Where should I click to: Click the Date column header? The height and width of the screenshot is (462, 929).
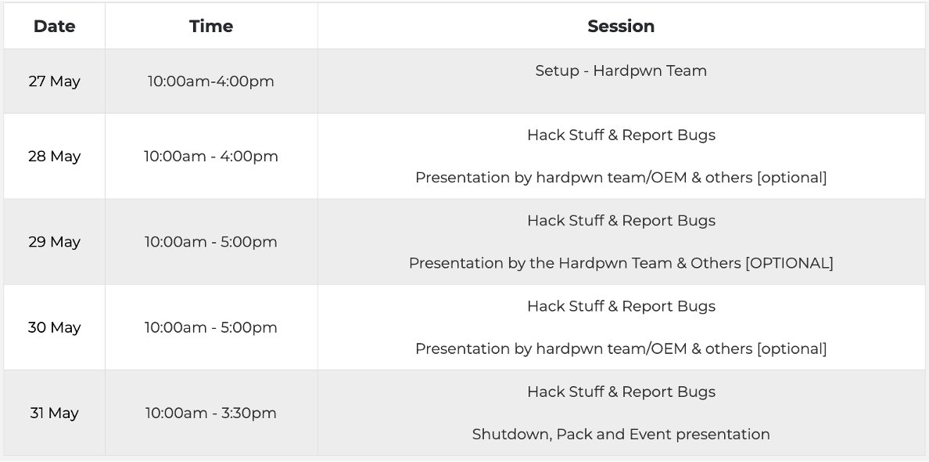pos(55,26)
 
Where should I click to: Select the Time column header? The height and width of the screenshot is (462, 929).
pos(211,26)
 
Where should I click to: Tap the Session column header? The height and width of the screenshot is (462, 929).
pos(621,26)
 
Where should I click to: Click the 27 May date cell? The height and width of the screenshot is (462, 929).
pos(55,81)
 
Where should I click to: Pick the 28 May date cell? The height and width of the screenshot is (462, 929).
pos(55,156)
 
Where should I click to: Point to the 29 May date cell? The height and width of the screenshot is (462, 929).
pos(55,242)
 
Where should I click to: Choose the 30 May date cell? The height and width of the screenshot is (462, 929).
pos(55,327)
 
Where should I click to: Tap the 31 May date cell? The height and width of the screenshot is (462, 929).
pos(55,413)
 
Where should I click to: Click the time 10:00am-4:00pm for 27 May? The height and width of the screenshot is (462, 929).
pos(211,81)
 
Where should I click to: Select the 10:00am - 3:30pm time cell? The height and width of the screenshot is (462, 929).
pos(211,413)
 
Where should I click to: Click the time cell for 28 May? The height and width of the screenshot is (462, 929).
pos(211,156)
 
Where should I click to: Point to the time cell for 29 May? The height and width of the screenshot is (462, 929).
pos(211,242)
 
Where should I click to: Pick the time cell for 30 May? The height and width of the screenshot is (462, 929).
pos(211,327)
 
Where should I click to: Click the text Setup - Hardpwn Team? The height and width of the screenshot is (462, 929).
pos(621,70)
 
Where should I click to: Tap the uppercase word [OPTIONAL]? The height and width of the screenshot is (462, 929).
pos(789,263)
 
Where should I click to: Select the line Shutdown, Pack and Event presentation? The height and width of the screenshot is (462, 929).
pos(621,434)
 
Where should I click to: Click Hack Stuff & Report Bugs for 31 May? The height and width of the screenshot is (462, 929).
pos(621,392)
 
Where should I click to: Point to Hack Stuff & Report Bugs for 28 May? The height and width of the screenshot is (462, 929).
pos(621,135)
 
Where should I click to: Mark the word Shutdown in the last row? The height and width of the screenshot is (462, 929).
pos(511,434)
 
